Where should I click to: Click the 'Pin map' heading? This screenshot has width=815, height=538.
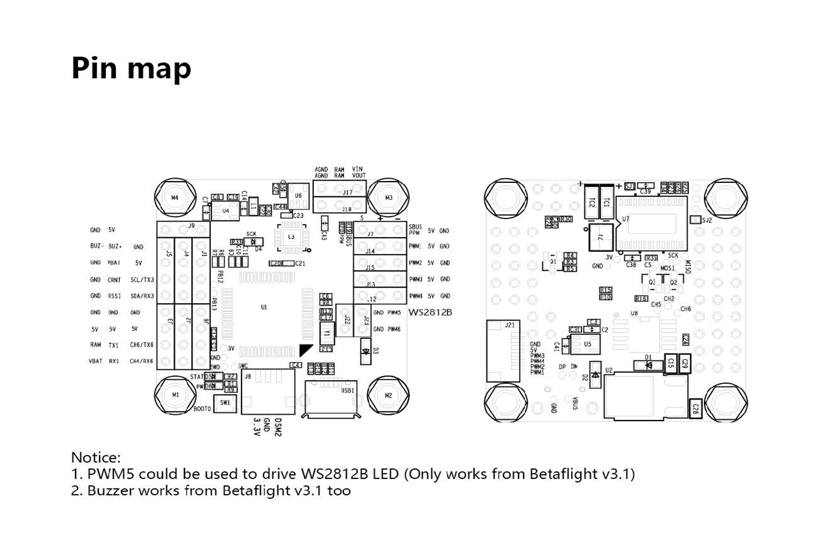131,68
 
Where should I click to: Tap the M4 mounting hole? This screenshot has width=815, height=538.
175,198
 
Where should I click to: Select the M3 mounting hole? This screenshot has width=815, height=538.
388,198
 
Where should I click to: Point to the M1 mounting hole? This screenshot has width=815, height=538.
175,395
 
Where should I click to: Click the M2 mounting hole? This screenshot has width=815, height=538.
388,396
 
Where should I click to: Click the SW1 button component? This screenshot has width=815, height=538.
225,403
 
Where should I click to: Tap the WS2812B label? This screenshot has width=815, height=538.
430,312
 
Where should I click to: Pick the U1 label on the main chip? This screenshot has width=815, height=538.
264,307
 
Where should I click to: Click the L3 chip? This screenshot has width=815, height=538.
291,237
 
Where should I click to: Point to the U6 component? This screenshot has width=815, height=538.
298,196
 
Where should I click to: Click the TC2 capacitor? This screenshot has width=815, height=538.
591,202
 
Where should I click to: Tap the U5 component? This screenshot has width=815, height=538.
587,344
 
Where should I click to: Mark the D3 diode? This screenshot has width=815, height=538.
365,351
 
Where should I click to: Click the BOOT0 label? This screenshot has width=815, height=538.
202,409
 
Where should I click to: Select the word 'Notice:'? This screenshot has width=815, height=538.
96,458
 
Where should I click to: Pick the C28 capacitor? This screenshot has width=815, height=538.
695,408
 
